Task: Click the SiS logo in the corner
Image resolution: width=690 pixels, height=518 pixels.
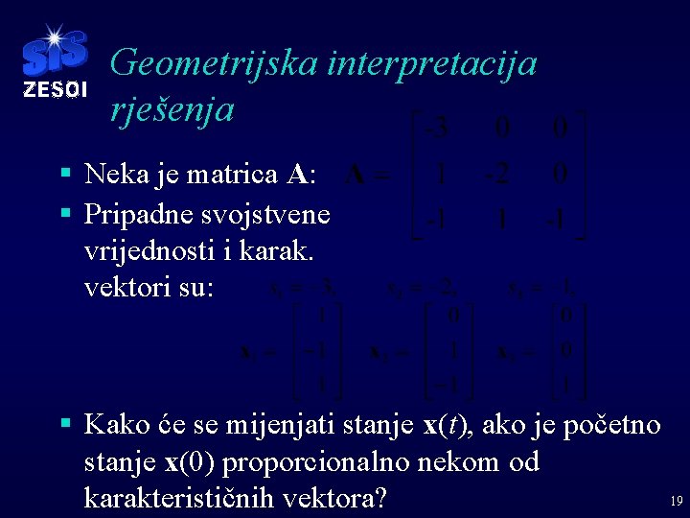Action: point(54,54)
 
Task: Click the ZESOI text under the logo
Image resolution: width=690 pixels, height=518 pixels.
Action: point(55,90)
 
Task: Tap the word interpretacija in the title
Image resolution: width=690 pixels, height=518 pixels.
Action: point(431,64)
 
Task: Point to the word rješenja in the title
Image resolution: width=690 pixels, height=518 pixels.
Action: point(172,109)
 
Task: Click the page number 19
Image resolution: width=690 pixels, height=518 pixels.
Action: point(676,501)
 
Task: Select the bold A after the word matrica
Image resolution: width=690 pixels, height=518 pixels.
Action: point(297,175)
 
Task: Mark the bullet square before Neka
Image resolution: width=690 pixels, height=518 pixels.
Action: point(64,175)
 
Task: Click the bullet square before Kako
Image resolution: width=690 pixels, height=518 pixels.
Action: point(64,423)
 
